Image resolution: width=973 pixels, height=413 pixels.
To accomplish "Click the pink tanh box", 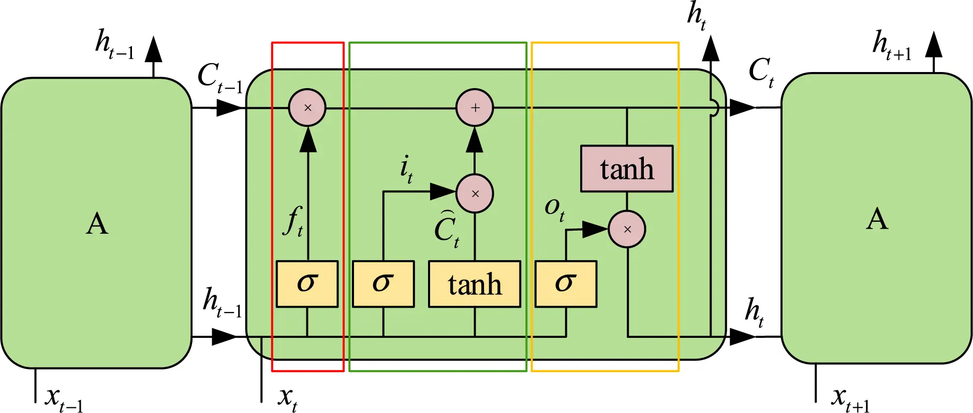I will coord(627,169).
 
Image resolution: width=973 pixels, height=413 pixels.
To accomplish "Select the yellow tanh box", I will coord(475,284).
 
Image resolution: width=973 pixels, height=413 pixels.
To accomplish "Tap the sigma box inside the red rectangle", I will coord(307,284).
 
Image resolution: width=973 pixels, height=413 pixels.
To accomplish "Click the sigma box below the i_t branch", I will coord(383,284).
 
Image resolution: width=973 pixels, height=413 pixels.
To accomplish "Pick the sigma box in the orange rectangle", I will coord(566,284).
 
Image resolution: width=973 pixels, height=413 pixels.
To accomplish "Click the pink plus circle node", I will coord(475,108).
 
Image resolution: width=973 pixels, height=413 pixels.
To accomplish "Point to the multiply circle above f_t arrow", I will coord(307,108).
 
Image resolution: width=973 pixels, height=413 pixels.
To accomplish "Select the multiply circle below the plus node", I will coord(475,194).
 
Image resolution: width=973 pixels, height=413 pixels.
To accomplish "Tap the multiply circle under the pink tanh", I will coord(627,229).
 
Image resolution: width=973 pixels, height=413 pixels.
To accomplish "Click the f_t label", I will coord(294,222).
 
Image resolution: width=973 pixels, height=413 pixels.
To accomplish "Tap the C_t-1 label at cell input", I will coord(219,78).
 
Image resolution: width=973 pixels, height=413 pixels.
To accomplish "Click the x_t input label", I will coord(287,398).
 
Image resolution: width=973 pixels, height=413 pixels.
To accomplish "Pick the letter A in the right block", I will coord(877,219).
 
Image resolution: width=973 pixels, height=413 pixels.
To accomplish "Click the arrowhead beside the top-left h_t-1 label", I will coord(153,50).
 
